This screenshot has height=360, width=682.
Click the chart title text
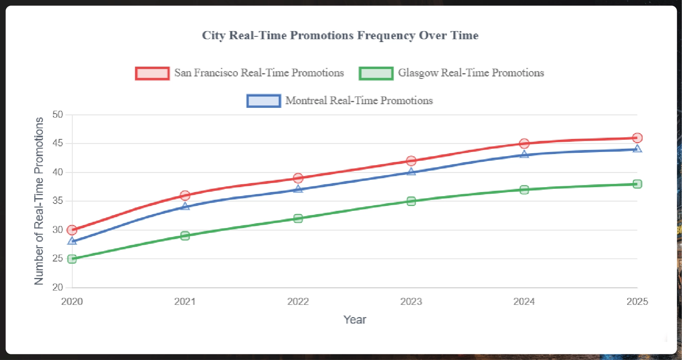coord(340,36)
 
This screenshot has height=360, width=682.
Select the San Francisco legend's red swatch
coord(152,74)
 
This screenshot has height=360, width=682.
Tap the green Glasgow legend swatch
coord(376,74)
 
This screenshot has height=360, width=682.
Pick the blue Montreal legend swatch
coord(264,101)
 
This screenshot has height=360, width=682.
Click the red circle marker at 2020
coord(72,230)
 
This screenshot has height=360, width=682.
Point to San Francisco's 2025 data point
coord(637,138)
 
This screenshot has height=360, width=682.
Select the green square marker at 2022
coord(298,219)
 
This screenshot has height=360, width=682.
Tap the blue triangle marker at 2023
coord(411,172)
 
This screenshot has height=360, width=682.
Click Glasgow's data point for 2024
coord(524,190)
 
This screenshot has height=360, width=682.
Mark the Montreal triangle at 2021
coord(185,206)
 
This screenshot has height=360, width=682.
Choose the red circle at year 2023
coord(411,161)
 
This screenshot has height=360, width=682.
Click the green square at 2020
coord(72,259)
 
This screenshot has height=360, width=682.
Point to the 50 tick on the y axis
coord(58,115)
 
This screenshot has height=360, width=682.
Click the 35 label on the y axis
coord(58,201)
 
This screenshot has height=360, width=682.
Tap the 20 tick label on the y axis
coord(58,287)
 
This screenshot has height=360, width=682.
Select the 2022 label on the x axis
coord(298,302)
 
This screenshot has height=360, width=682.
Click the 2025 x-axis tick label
coord(637,302)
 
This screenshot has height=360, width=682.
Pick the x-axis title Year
coord(354,320)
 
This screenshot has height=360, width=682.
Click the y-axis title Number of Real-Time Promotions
coord(39,201)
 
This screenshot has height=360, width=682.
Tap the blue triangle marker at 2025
coord(637,149)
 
